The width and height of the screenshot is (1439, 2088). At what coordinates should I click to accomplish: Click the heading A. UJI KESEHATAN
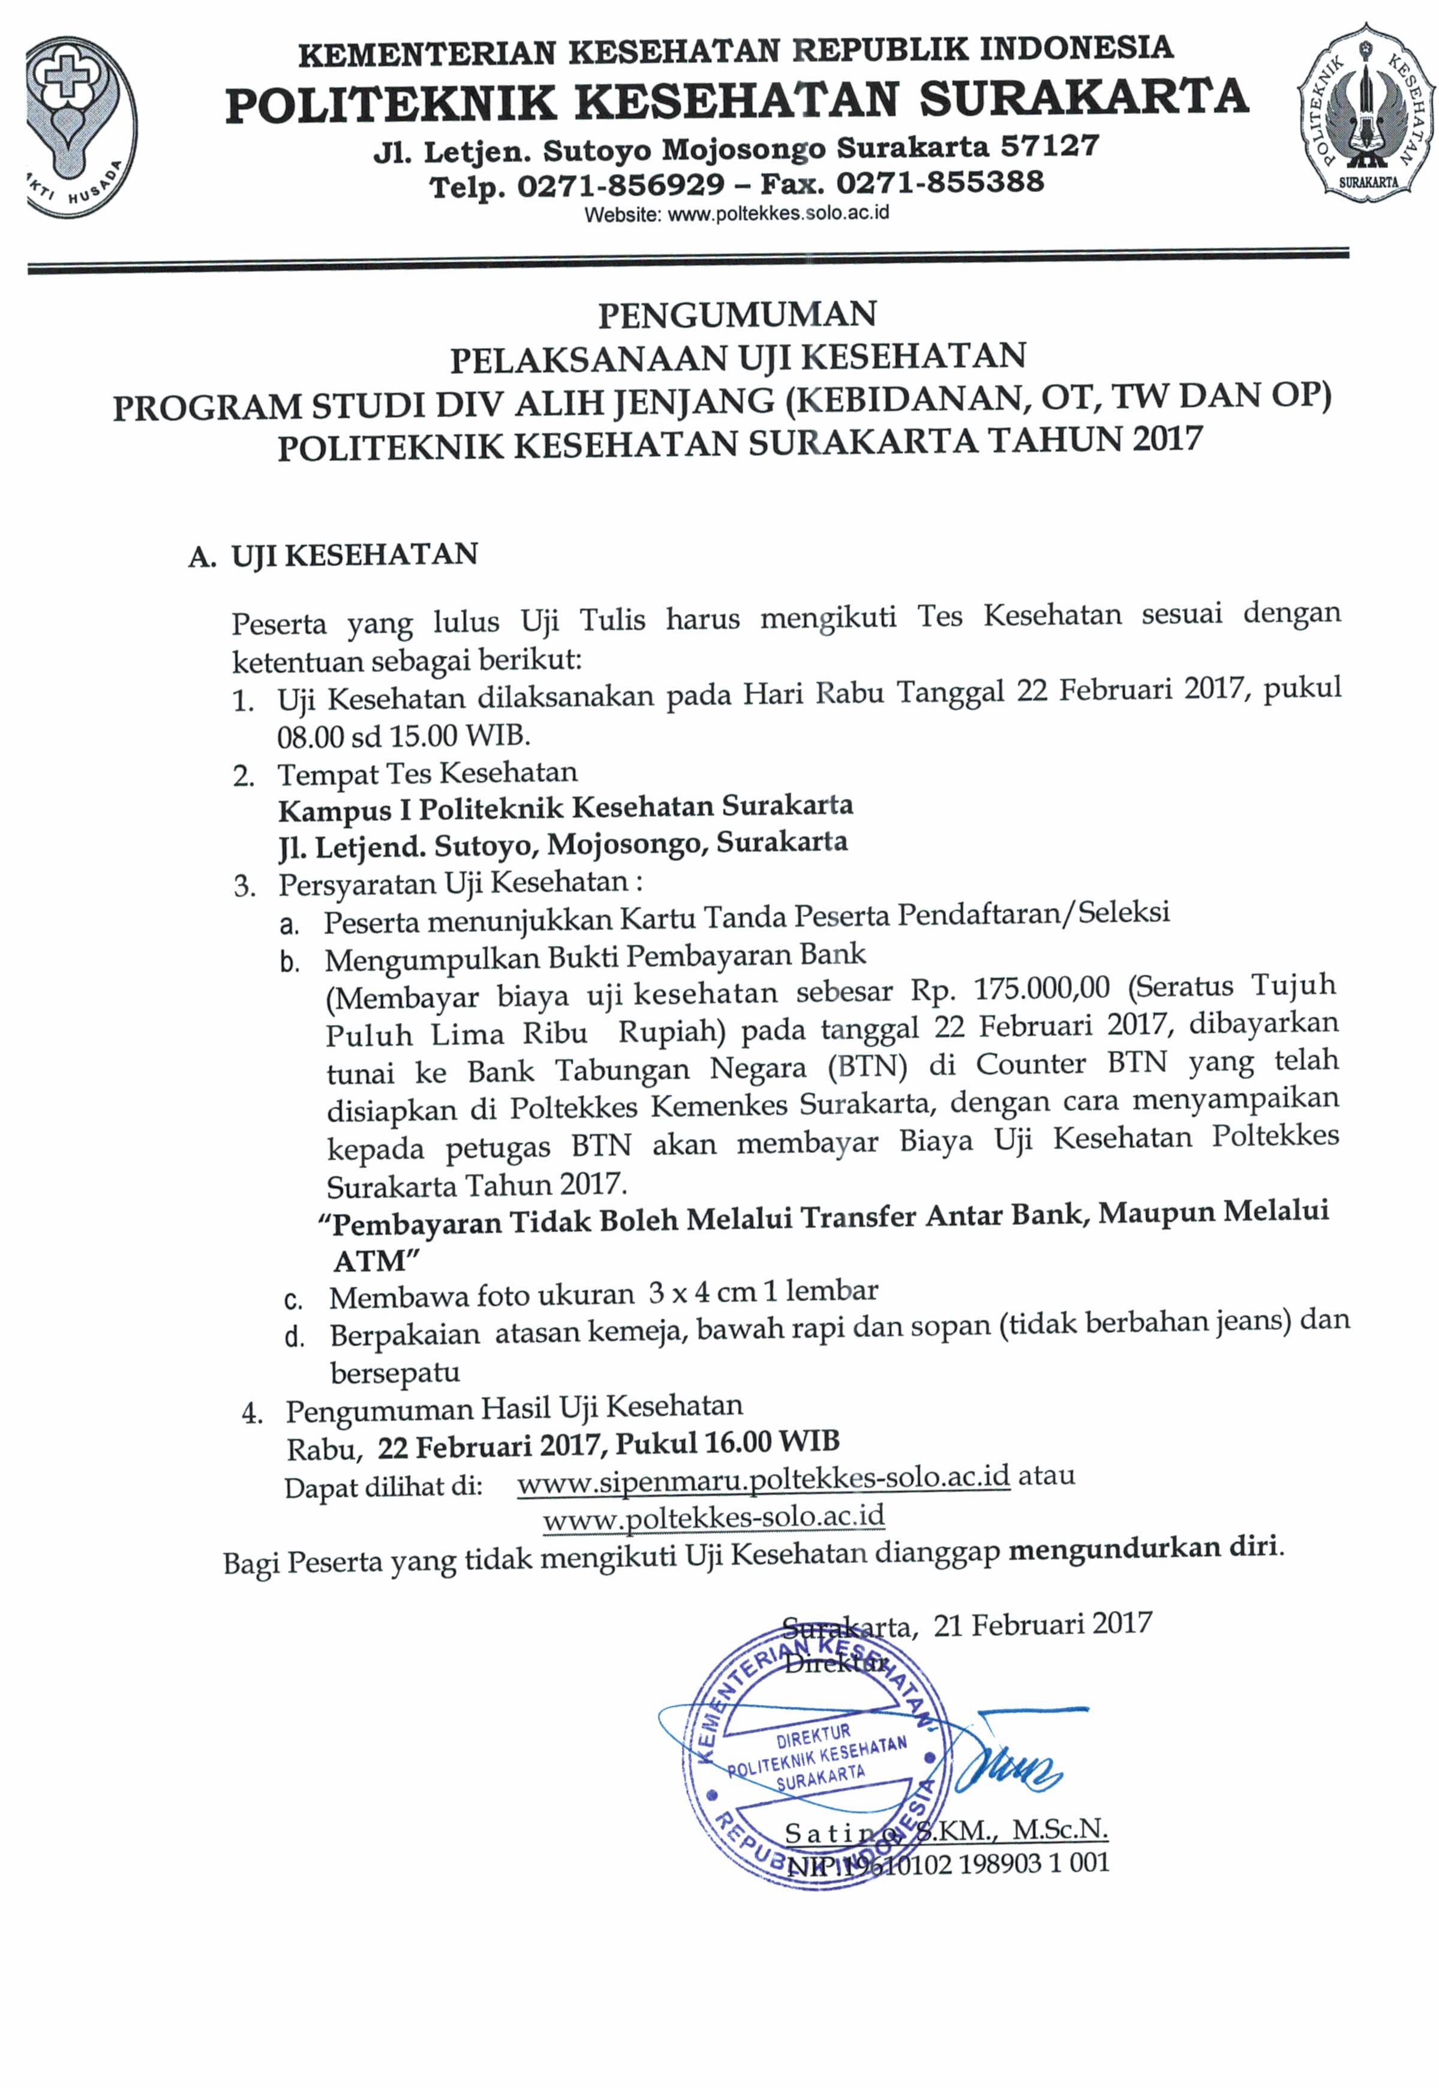[333, 555]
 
